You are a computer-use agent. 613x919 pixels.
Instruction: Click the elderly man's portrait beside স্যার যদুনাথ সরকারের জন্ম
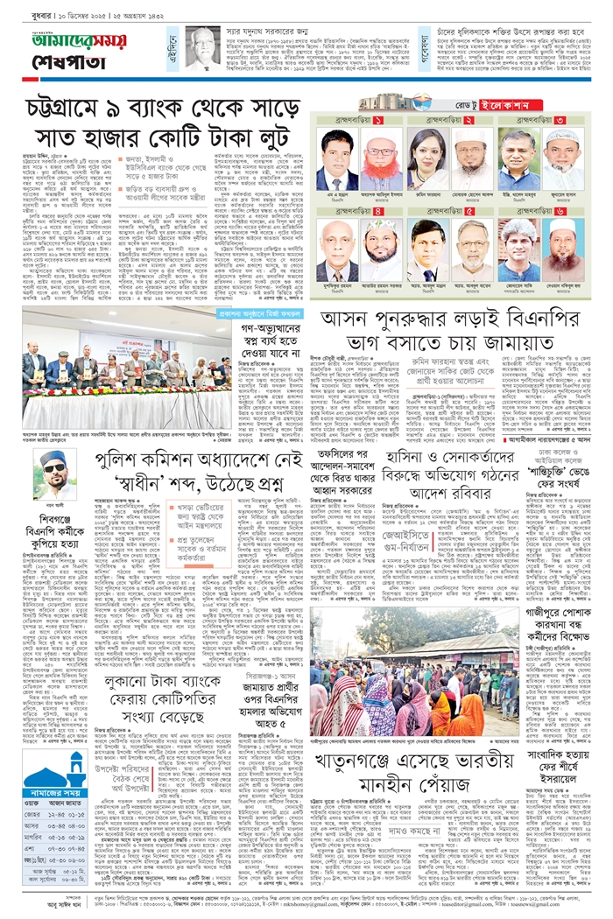[204, 48]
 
